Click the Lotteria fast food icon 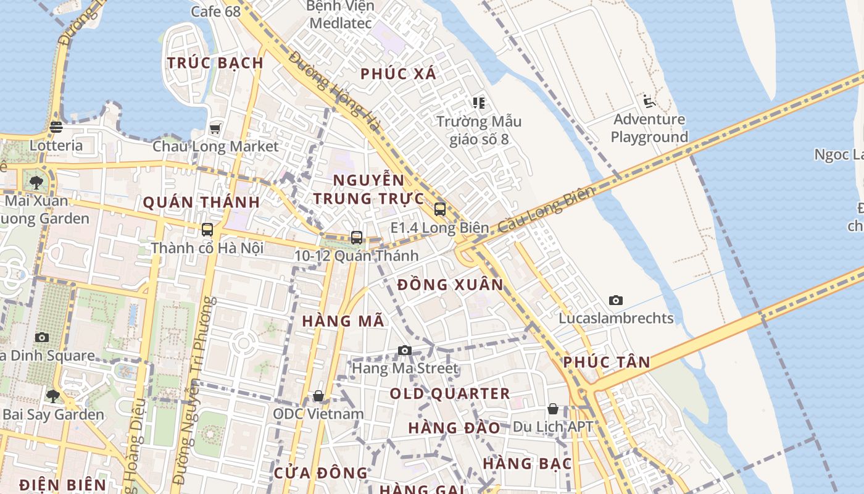56,127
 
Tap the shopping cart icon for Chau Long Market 215,128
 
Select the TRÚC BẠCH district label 215,62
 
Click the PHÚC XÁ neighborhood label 398,74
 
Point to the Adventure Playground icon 649,101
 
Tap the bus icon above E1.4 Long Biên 440,209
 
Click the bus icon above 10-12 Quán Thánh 357,237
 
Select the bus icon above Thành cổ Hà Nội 207,230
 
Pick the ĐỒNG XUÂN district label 451,285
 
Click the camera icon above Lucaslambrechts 616,301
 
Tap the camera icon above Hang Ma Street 405,351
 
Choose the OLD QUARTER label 450,393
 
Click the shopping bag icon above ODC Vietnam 318,395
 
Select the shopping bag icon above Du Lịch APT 553,409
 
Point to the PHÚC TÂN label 607,362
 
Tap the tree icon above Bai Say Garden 53,395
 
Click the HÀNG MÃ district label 343,321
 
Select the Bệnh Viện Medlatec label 341,15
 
